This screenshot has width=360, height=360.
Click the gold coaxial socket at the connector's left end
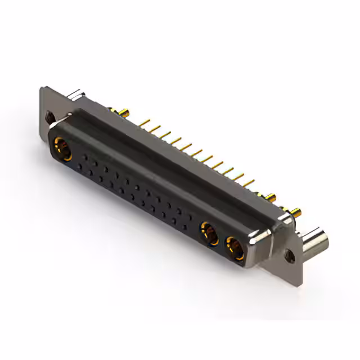coord(60,150)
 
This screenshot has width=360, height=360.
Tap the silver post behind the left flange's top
coord(77,93)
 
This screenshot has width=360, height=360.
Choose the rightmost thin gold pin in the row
coord(248,182)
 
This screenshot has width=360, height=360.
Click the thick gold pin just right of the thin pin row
coord(271,197)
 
